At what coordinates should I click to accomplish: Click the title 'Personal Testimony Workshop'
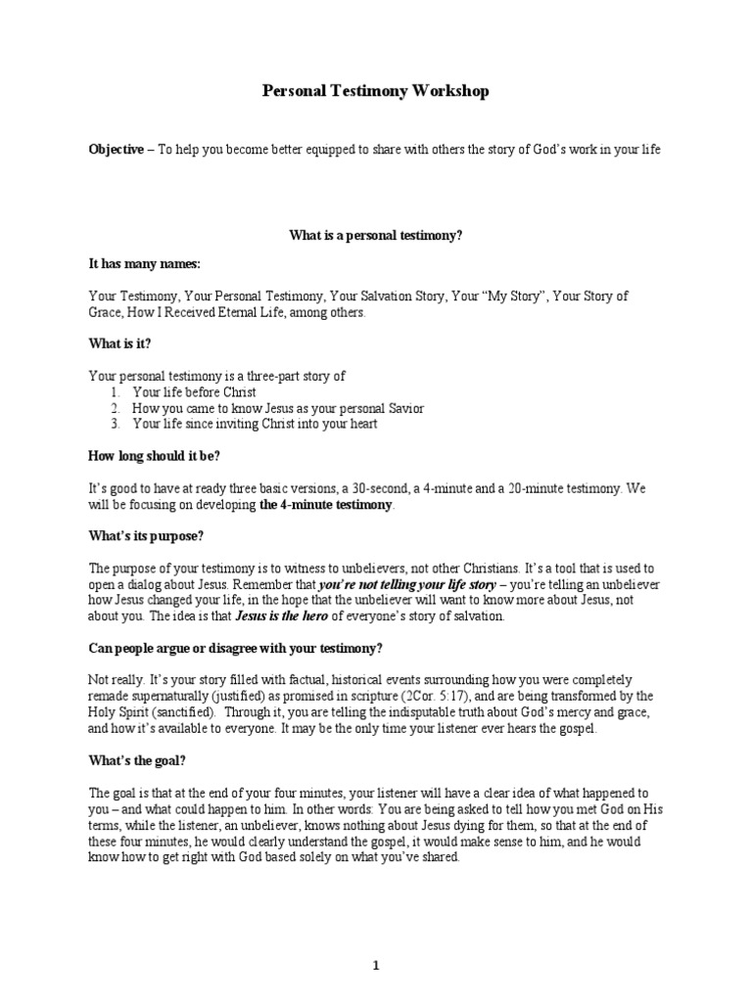point(376,91)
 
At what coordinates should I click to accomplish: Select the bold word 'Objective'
point(116,149)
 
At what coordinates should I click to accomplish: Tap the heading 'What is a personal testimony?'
point(375,236)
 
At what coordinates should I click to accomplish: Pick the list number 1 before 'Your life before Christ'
point(115,391)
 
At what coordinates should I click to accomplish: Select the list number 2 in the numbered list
point(115,408)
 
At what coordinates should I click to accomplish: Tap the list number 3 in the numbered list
point(115,424)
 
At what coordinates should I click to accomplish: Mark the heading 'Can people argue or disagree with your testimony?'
point(236,647)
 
